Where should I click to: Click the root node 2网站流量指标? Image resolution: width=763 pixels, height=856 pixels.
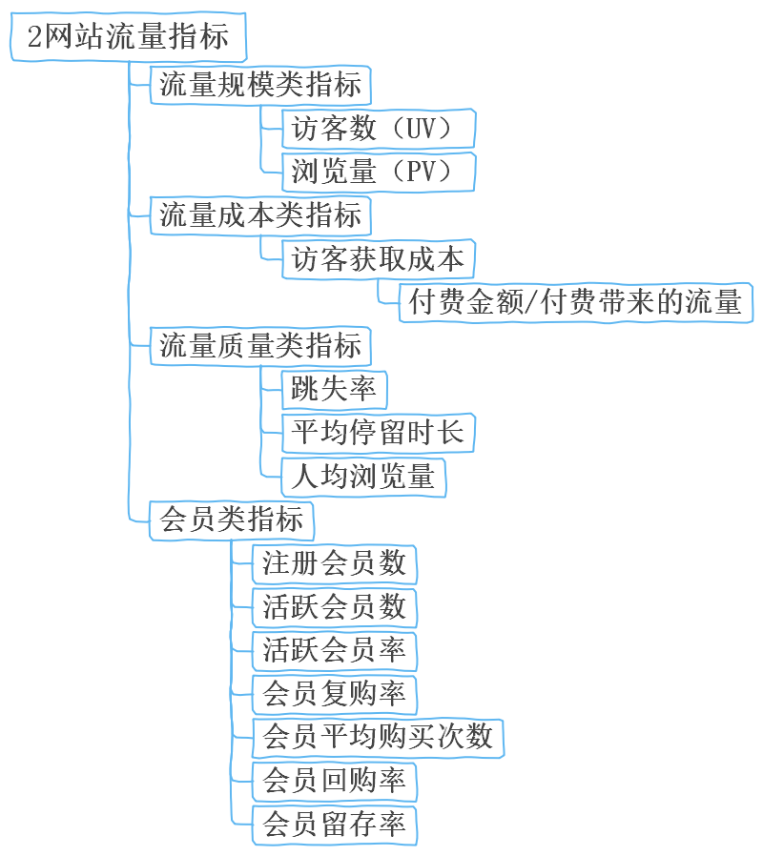point(128,38)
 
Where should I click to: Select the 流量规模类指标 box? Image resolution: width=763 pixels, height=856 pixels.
point(259,85)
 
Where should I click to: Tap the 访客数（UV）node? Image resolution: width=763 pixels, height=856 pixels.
point(379,129)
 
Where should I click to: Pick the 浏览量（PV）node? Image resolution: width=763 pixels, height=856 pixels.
point(379,172)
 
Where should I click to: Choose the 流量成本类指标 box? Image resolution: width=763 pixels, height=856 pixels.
point(259,214)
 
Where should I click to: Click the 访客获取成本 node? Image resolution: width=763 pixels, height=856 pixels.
point(378,258)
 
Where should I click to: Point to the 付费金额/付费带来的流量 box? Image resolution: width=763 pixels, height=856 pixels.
point(575,302)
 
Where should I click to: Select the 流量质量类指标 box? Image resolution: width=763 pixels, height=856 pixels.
point(259,345)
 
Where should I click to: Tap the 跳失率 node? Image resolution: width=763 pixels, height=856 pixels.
point(334,389)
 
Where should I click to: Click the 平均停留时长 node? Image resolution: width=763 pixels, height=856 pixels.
point(378,432)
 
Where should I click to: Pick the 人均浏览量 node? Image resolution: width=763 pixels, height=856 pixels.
point(363,476)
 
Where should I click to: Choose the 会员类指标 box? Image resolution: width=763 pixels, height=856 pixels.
point(232,520)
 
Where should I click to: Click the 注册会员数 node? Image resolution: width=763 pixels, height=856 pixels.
point(334,563)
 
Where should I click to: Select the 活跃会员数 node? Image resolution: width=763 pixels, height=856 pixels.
point(334,607)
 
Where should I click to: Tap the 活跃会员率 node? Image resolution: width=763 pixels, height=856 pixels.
point(334,650)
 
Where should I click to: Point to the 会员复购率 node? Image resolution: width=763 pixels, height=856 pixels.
point(334,694)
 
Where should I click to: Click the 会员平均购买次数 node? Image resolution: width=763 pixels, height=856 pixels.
point(378,737)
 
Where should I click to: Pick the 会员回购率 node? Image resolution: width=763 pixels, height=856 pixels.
point(334,781)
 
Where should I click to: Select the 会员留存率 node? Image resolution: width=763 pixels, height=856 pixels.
point(334,824)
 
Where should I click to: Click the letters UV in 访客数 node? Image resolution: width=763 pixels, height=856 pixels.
point(421,129)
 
